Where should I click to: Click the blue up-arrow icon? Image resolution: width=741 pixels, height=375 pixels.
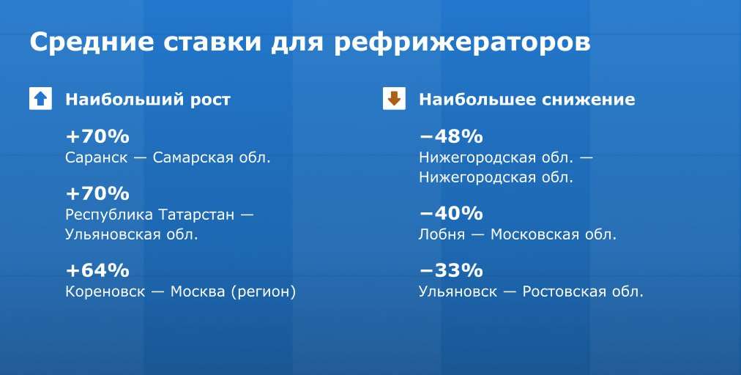41,99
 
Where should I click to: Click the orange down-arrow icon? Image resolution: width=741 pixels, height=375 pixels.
394,99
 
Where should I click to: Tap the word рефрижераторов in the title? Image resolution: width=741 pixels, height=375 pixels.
462,42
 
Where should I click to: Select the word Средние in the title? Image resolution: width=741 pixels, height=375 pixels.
92,42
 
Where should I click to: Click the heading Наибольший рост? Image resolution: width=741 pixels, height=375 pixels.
148,100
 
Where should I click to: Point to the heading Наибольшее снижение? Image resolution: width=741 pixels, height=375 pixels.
527,100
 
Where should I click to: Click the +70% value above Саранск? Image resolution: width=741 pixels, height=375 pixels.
97,137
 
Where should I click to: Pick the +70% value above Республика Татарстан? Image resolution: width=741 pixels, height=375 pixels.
97,193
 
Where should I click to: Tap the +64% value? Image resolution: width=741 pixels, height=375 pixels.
97,270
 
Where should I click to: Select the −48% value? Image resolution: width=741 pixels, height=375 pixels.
451,137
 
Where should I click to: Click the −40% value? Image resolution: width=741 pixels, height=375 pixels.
451,213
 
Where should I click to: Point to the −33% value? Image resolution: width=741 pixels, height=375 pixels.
451,270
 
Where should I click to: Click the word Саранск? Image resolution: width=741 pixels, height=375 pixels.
97,157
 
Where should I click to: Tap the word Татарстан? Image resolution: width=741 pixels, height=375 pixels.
196,215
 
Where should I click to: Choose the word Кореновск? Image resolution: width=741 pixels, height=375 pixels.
105,292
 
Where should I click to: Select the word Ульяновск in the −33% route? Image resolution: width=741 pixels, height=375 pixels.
458,292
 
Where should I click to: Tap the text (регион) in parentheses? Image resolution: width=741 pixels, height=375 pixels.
264,292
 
